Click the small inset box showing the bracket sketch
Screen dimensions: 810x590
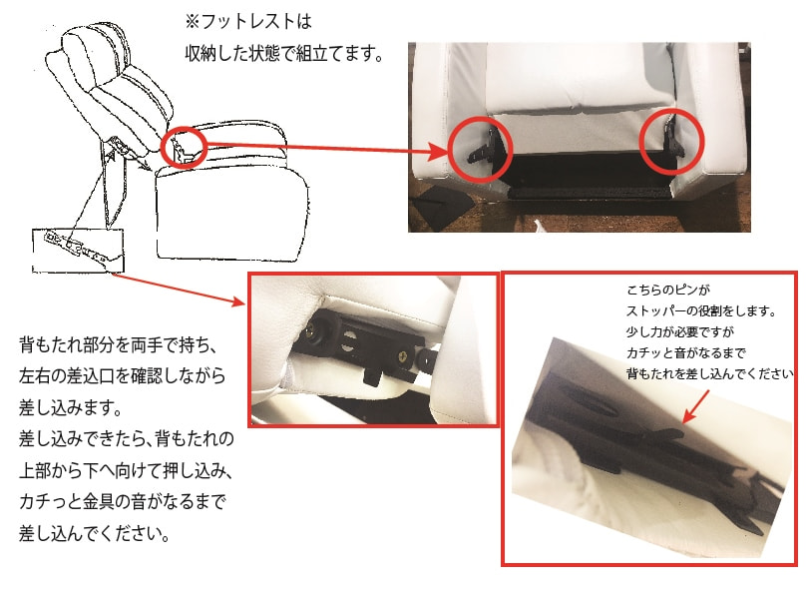[78, 251]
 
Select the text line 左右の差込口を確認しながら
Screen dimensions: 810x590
[123, 376]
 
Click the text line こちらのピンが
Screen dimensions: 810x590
[668, 290]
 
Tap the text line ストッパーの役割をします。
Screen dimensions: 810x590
[701, 310]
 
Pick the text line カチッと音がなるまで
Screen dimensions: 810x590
[686, 352]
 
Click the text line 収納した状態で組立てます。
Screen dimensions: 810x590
[283, 53]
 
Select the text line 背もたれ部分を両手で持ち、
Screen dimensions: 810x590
[118, 344]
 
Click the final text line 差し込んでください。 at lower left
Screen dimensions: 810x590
[94, 533]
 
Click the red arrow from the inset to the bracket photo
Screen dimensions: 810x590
[178, 290]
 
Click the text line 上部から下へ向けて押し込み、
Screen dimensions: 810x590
[126, 470]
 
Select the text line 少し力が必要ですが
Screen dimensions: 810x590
[680, 331]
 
